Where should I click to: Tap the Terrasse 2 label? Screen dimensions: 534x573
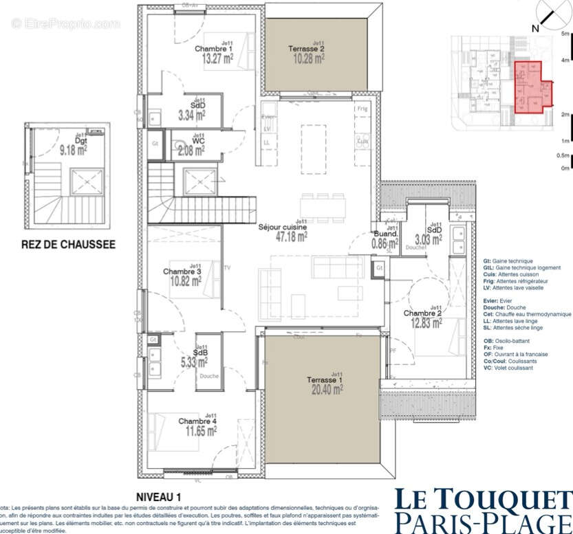317,49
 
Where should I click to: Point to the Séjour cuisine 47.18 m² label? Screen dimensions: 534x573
282,231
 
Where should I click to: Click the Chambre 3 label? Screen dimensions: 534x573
182,271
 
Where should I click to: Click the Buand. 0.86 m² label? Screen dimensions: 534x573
385,238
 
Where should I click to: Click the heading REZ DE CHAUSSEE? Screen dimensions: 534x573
68,243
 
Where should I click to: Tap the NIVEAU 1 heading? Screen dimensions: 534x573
158,496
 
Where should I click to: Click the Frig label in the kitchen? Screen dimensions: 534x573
362,109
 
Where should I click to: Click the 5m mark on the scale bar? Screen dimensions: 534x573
565,34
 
